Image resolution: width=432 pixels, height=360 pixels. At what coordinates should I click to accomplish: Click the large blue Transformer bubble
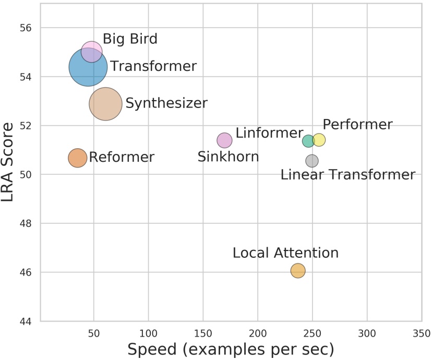coord(88,67)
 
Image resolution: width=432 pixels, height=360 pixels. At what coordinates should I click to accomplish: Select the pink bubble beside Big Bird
coord(91,52)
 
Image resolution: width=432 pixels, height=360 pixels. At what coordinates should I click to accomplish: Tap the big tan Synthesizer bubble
coord(105,104)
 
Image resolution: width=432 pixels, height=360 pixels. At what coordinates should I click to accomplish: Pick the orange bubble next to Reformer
coord(77,158)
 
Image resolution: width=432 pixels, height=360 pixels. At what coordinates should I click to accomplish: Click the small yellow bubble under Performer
coord(319,139)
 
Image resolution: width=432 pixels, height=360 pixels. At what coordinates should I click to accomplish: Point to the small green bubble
coord(308,141)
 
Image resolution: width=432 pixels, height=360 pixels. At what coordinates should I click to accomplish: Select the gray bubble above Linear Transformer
coord(312,161)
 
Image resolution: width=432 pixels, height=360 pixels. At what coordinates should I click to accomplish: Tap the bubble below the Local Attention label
coord(298,270)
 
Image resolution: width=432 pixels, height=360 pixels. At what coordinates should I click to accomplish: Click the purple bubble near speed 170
coord(224,140)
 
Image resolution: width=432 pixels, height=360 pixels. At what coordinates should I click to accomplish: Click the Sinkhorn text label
coord(228,156)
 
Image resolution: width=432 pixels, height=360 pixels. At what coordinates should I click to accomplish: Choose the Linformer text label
coord(269,133)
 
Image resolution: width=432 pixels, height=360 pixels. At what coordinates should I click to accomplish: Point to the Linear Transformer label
coord(347,175)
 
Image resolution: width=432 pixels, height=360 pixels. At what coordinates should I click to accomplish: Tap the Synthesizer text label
coord(166,103)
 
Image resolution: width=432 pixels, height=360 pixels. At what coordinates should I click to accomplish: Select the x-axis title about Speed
coord(231,349)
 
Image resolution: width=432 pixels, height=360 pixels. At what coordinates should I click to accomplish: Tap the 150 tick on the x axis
coord(203,333)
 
